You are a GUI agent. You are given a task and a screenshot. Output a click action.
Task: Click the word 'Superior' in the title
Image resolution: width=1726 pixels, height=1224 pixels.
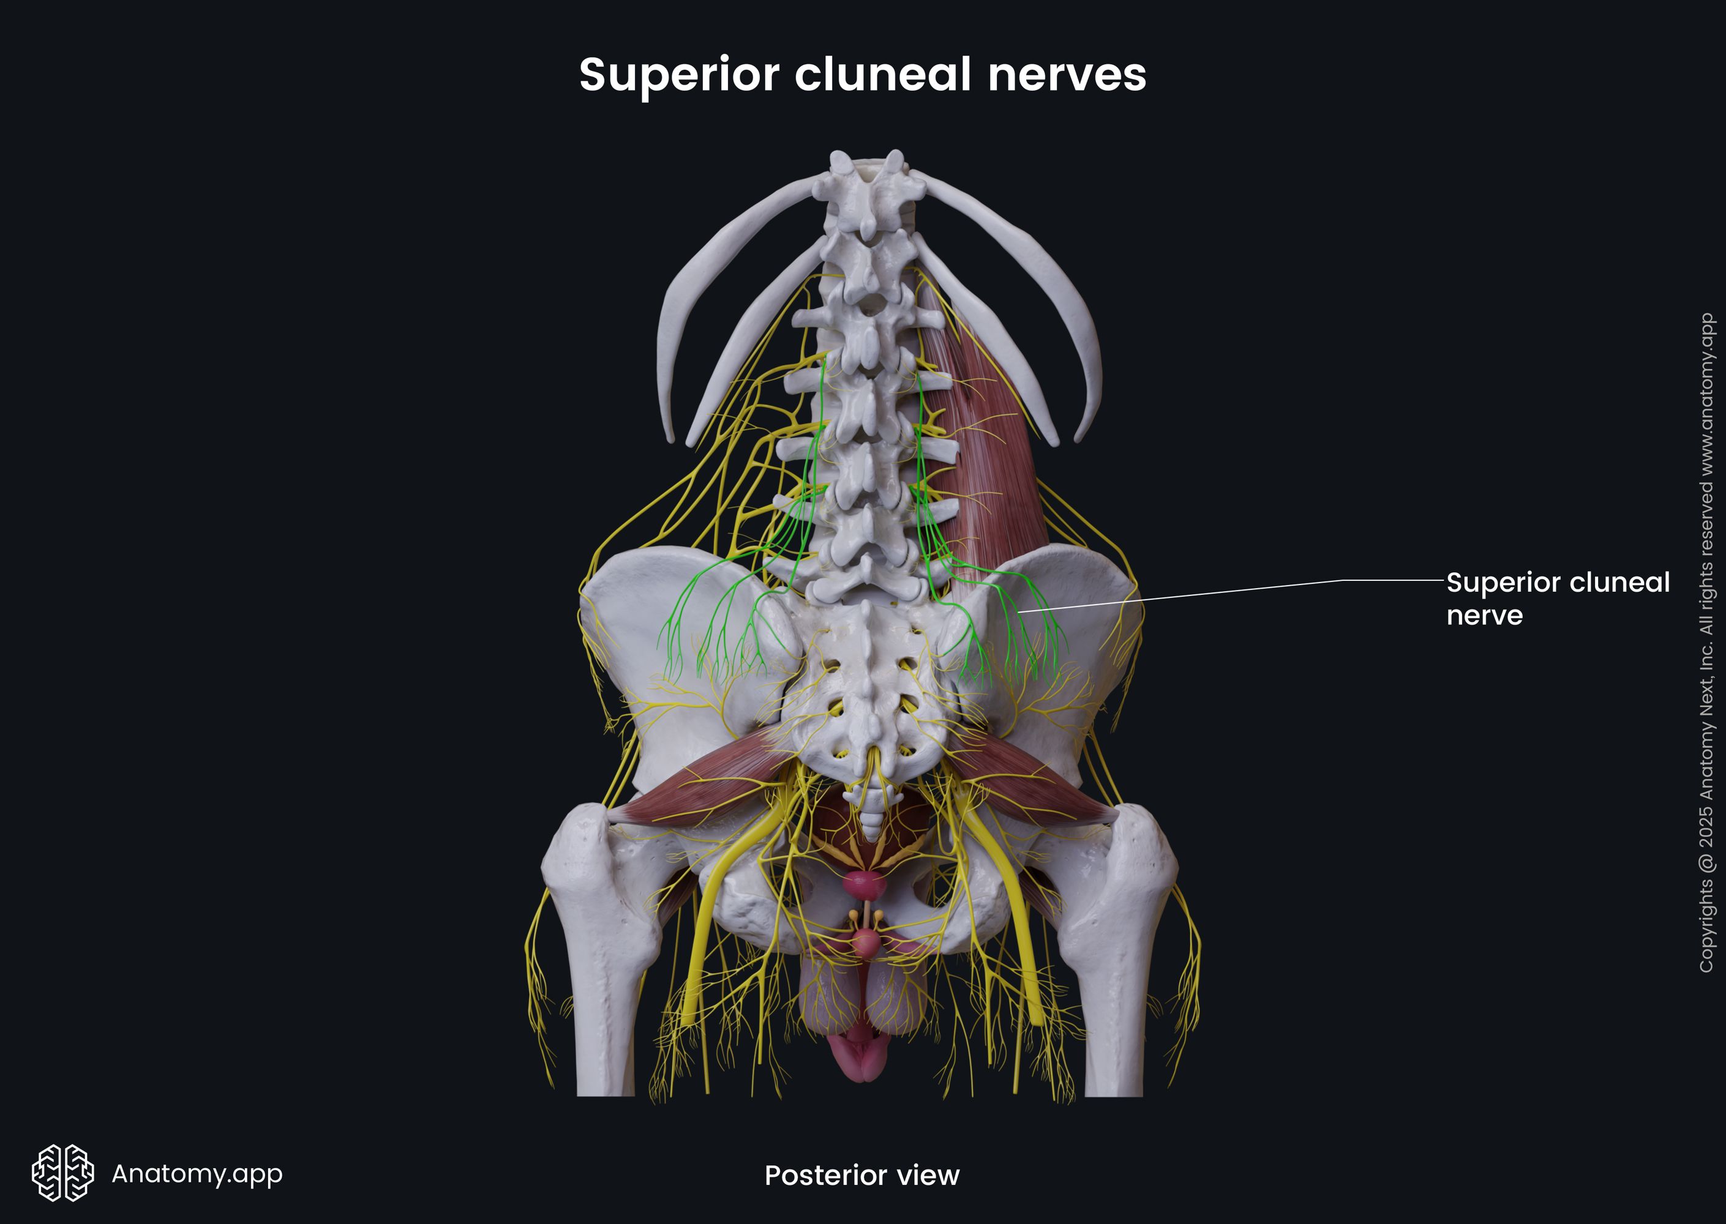point(678,75)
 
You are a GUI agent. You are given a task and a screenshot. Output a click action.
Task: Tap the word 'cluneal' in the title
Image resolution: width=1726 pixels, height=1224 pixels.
point(882,75)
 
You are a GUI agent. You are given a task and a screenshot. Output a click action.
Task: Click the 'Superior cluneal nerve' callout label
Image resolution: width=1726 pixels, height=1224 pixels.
point(1557,599)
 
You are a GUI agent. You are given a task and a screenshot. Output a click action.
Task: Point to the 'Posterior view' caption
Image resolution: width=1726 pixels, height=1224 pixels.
point(862,1175)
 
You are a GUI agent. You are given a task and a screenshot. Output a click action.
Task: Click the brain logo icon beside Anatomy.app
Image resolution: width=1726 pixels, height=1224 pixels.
point(62,1173)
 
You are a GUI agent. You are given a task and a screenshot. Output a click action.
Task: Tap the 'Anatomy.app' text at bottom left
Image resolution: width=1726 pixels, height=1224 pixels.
point(197,1173)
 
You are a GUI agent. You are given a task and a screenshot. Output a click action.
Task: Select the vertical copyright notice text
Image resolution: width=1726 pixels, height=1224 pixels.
point(1706,641)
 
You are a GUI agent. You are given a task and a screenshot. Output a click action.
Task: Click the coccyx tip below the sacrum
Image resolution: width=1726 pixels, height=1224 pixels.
point(871,833)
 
